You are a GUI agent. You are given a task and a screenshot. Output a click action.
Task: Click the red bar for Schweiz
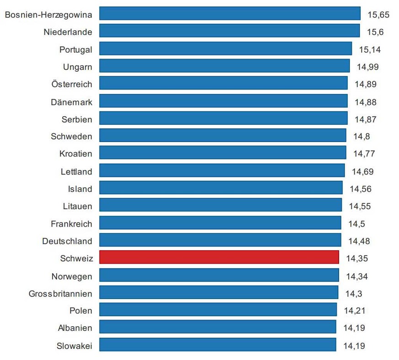(x=219, y=257)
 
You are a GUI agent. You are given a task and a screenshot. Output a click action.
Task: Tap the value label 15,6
(x=375, y=32)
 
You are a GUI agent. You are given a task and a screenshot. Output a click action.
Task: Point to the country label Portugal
(x=76, y=49)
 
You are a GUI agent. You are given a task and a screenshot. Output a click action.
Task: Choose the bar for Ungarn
(x=224, y=66)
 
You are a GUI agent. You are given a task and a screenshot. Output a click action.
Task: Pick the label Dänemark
(x=71, y=102)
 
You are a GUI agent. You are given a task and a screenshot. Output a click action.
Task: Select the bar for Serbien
(x=223, y=118)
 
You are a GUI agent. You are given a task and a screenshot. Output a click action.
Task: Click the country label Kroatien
(x=75, y=154)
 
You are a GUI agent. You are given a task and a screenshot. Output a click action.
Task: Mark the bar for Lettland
(x=222, y=171)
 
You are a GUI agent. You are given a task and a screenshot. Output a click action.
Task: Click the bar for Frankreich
(x=220, y=223)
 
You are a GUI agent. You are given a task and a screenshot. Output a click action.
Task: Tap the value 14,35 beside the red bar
(x=356, y=259)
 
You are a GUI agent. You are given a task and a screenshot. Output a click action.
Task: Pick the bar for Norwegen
(x=219, y=275)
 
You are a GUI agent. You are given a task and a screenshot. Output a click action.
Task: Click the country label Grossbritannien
(x=60, y=293)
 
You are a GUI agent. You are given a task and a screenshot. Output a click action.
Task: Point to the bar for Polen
(x=218, y=310)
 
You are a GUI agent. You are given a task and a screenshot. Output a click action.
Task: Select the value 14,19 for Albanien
(x=354, y=328)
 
